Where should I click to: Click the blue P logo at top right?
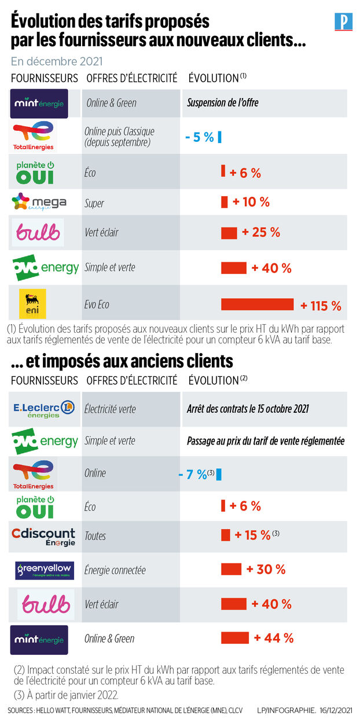344,22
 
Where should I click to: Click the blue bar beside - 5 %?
220,138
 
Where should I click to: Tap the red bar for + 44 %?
235,638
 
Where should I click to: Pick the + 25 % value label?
261,233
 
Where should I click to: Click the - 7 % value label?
193,474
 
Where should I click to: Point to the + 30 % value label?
266,570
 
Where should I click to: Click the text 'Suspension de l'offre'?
223,103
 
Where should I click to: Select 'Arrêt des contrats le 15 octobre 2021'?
248,409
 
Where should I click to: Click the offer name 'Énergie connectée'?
115,570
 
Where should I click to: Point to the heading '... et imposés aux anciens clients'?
122,361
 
